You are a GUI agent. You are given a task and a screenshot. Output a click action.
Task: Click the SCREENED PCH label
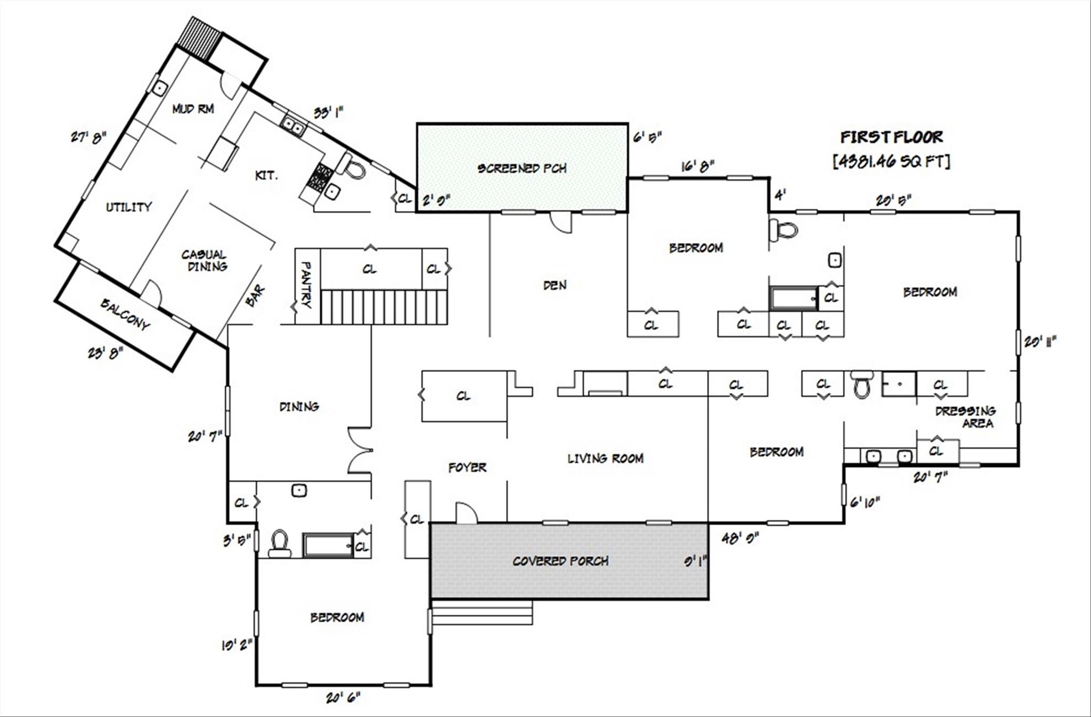point(522,168)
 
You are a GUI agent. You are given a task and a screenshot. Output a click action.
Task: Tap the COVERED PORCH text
point(560,561)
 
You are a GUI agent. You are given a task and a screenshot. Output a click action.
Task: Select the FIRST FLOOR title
point(891,137)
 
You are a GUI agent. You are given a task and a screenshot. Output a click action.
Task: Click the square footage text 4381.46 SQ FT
point(891,161)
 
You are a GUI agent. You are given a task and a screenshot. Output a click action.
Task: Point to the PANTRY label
point(307,284)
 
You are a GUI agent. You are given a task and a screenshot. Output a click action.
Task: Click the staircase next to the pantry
point(384,307)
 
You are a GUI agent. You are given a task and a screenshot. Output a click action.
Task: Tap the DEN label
point(555,285)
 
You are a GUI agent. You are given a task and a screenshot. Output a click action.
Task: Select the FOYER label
point(467,467)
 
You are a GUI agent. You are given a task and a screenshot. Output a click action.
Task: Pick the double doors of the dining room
point(359,450)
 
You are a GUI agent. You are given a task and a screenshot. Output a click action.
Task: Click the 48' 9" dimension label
point(740,538)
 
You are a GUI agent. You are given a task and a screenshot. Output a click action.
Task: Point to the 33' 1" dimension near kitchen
point(328,112)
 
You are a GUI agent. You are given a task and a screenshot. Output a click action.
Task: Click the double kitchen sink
point(293,126)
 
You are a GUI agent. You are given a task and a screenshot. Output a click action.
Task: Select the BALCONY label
point(125,314)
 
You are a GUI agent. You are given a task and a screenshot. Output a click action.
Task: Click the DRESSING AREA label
point(965,417)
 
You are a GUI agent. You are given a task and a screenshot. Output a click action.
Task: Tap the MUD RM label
point(193,109)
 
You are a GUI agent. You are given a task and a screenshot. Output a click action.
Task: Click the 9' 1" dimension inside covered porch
point(695,561)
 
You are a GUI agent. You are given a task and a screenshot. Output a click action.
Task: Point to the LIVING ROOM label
point(605,458)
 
